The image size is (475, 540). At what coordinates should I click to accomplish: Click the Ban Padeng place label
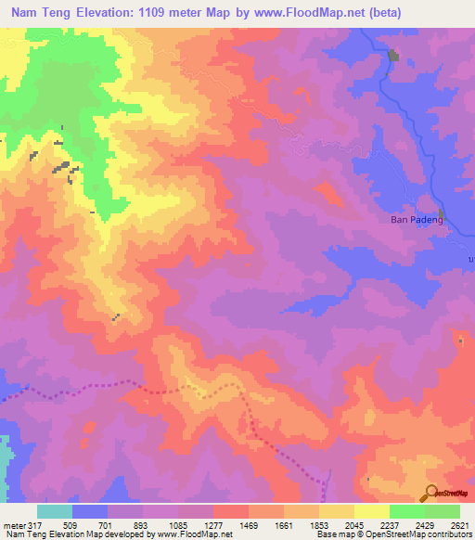point(408,220)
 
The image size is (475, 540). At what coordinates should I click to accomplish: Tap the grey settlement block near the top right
point(393,56)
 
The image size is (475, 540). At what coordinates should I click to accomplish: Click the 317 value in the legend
point(34,526)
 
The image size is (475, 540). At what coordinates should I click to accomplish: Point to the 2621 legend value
point(459,526)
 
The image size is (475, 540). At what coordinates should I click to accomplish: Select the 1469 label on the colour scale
point(249,526)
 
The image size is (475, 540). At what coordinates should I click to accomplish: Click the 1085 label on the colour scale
point(178,526)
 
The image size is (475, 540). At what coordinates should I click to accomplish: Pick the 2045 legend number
point(354,526)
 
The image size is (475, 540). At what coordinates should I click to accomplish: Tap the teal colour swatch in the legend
point(55,511)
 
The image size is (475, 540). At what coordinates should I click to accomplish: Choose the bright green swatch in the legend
point(406,511)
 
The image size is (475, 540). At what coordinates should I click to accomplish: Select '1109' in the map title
point(177,12)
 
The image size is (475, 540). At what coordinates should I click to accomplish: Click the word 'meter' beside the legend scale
point(13,526)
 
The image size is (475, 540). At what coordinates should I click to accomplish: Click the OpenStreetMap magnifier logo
point(431,492)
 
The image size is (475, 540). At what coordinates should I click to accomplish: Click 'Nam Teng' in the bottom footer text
point(23,535)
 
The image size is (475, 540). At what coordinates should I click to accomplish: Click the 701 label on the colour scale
point(108,526)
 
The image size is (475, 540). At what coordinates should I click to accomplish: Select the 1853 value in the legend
point(319,526)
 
